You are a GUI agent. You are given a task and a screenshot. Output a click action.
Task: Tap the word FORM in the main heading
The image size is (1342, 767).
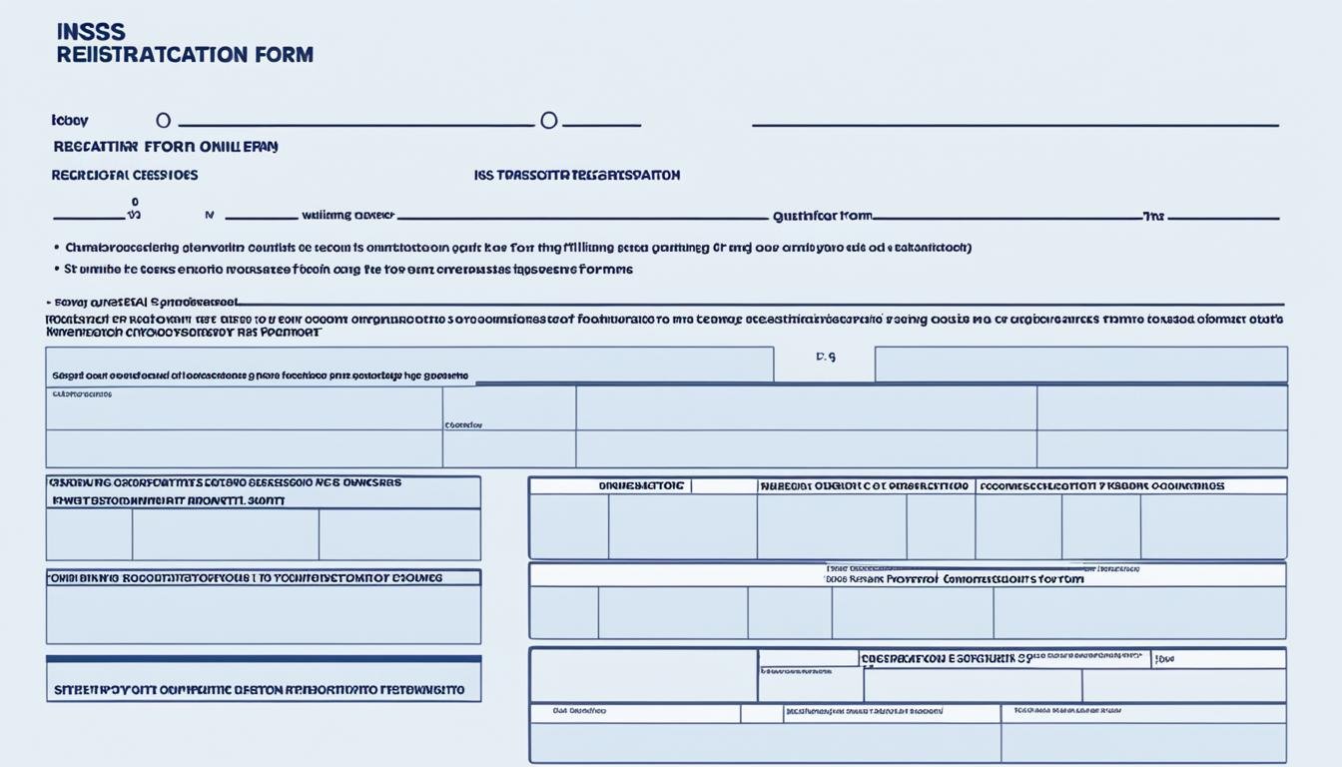click(287, 54)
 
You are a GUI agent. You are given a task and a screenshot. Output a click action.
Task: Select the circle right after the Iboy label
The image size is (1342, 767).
click(163, 120)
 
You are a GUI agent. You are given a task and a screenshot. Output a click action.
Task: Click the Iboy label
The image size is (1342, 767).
click(70, 121)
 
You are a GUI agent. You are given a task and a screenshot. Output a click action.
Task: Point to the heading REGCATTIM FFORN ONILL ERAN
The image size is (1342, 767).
click(166, 146)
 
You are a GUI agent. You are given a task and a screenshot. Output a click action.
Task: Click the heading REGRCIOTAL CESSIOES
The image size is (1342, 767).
click(125, 175)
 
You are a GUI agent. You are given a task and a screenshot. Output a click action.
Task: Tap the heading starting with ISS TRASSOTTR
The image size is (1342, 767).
click(577, 175)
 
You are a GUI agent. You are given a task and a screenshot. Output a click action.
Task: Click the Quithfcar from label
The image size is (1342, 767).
click(822, 215)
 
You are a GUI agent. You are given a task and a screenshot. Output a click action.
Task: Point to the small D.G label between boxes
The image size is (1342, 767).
click(825, 357)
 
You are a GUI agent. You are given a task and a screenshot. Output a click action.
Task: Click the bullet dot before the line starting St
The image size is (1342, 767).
click(54, 269)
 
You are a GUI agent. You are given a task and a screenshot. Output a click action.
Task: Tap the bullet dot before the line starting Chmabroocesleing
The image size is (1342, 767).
click(54, 247)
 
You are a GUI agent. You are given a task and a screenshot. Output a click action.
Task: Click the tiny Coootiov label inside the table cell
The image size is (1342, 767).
click(463, 424)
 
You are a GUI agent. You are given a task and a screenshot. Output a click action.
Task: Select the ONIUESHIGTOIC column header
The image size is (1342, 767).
click(641, 486)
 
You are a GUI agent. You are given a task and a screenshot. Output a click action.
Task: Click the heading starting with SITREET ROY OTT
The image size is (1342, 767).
click(259, 689)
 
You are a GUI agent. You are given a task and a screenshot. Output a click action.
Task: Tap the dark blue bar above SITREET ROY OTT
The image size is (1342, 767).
click(264, 659)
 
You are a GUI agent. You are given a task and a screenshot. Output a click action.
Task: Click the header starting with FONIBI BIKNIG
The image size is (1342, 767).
click(246, 577)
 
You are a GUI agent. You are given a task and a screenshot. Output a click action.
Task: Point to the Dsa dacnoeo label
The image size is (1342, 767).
click(581, 712)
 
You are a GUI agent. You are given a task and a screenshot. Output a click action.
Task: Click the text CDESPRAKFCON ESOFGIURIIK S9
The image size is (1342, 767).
click(946, 658)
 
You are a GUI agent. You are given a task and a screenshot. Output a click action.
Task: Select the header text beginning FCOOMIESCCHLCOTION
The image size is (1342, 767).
click(1102, 486)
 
